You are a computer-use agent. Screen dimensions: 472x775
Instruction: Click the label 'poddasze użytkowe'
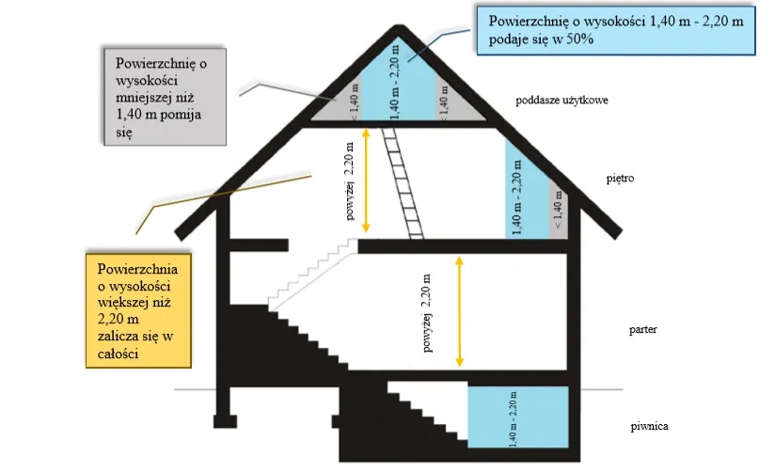[x=561, y=98]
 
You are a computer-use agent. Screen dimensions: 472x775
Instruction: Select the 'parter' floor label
[x=644, y=330]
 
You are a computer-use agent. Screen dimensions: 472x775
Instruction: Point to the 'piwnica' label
[x=650, y=426]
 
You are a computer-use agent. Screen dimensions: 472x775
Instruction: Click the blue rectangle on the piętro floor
[x=527, y=191]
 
